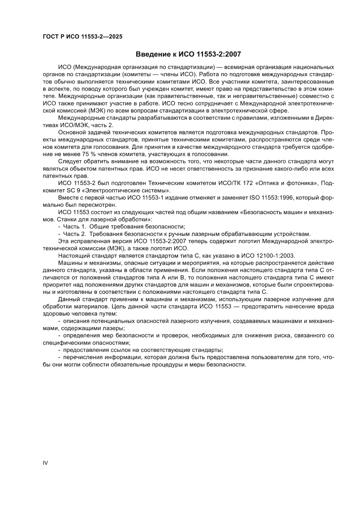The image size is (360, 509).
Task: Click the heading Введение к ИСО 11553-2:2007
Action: click(x=188, y=54)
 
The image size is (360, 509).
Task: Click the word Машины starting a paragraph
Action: click(x=70, y=263)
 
